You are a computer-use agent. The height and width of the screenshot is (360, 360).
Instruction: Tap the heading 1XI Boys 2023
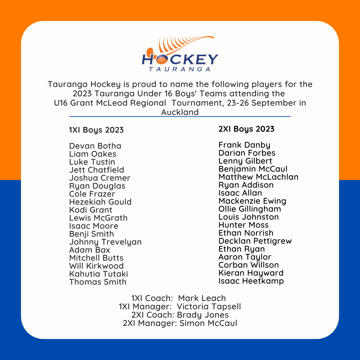tap(96, 130)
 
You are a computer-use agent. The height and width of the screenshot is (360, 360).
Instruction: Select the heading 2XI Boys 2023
tap(246, 129)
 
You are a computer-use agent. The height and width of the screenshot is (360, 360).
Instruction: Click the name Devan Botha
tap(95, 146)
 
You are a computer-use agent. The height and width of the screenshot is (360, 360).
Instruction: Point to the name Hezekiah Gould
tap(100, 202)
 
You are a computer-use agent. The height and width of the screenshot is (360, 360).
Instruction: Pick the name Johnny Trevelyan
tap(105, 242)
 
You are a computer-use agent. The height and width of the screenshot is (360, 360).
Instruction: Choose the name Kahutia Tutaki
tap(98, 274)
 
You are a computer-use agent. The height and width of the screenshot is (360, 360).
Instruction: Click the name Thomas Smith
tap(98, 282)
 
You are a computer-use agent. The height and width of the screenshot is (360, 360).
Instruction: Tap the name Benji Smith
tap(91, 234)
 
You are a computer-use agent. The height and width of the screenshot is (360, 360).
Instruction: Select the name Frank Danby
tap(244, 145)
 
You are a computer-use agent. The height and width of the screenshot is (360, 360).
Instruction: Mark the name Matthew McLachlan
tap(258, 177)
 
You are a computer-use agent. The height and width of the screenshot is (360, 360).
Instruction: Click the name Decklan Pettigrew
tap(255, 241)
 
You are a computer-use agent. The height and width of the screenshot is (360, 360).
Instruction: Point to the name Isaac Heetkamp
tap(251, 281)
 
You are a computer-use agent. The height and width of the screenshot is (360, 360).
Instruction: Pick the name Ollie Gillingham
tap(250, 209)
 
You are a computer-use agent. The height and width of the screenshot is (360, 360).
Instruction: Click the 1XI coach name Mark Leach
tap(202, 298)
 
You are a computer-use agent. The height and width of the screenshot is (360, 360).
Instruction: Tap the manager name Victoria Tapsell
tap(209, 307)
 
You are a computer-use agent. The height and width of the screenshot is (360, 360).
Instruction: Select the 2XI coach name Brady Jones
tap(203, 315)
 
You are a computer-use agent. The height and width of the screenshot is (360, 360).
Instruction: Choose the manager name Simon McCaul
tap(208, 323)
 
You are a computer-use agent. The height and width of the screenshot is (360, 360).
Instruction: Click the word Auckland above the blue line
tap(180, 112)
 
